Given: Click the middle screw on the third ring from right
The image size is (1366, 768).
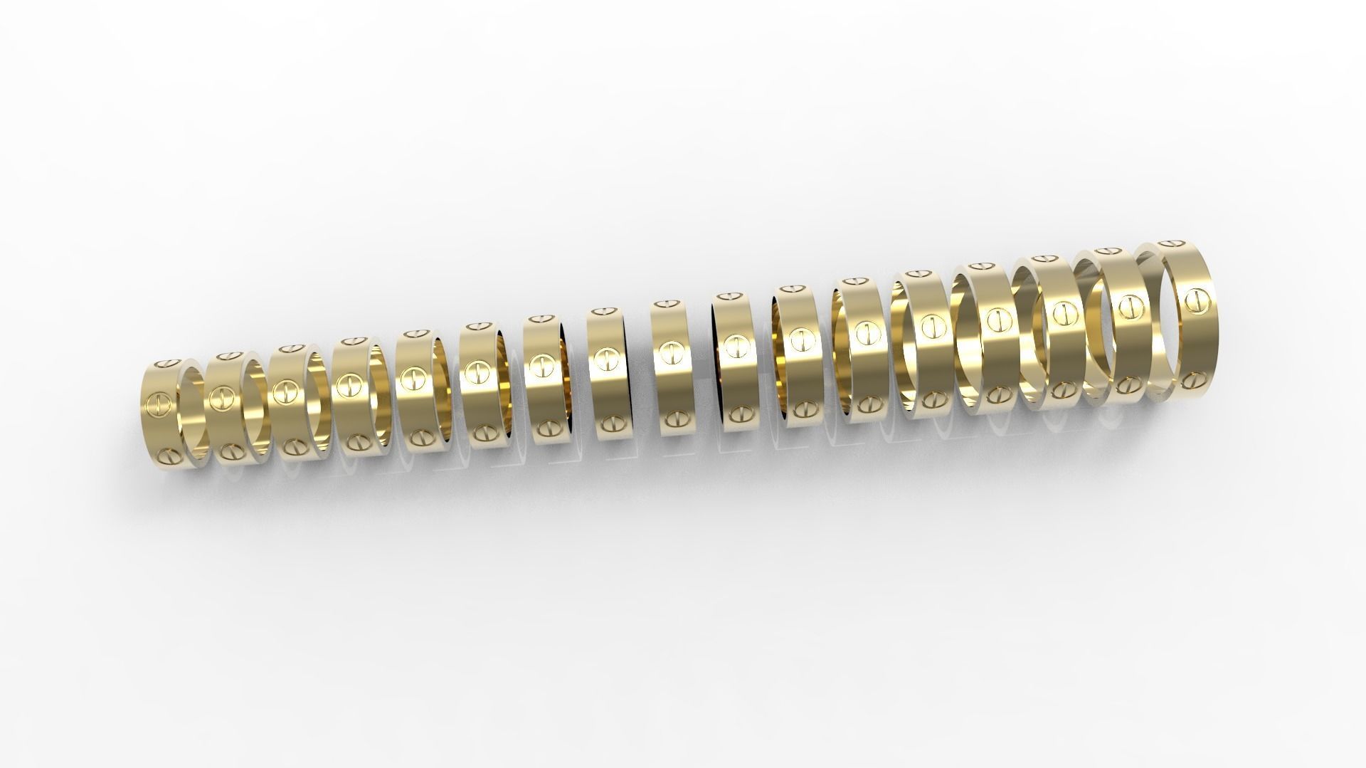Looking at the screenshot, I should [1064, 312].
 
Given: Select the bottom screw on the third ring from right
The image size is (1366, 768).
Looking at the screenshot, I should [1064, 389].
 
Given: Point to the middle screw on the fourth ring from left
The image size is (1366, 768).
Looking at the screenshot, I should [349, 385].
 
